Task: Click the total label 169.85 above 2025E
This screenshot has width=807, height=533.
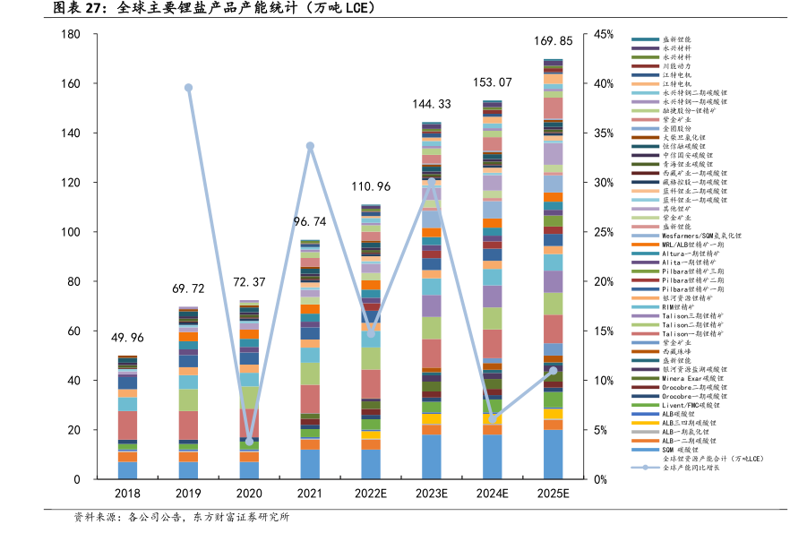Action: [x=554, y=41]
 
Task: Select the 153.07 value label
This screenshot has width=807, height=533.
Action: [x=493, y=82]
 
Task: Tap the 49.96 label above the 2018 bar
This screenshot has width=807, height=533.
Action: [x=127, y=338]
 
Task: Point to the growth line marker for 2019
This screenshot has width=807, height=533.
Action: [x=188, y=88]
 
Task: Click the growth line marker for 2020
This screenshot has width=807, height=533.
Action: [x=249, y=442]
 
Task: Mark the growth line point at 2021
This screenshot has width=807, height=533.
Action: [x=310, y=146]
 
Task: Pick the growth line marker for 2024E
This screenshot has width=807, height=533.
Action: [x=493, y=418]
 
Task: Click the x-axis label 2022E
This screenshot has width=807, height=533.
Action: [x=371, y=494]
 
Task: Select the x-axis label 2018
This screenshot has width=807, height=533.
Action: [x=127, y=494]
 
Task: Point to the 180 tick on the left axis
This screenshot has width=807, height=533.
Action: [x=71, y=35]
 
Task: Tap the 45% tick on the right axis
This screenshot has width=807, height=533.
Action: [x=603, y=35]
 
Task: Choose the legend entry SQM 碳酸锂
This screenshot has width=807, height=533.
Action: [x=680, y=450]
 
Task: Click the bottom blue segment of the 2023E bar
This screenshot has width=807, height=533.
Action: [x=432, y=457]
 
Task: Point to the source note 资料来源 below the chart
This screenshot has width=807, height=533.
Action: [x=94, y=518]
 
